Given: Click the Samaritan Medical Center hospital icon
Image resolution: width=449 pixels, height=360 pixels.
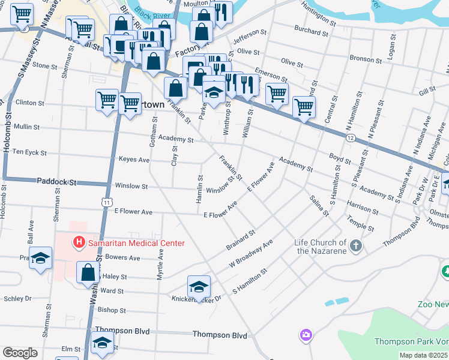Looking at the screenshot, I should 78,243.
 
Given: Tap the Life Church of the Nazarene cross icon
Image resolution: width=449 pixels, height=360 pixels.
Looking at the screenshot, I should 356,245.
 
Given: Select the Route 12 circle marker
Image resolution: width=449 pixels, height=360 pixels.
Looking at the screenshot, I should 351,138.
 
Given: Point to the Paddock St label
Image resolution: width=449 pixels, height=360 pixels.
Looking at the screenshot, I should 57,181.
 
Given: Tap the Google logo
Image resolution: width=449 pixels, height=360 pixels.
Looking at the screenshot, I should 20,353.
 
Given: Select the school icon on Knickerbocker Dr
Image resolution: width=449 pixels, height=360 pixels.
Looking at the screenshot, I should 199,286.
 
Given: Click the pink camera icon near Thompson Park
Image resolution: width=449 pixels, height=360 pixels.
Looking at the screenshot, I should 306,334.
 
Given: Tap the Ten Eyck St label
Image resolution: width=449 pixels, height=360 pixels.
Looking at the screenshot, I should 29,152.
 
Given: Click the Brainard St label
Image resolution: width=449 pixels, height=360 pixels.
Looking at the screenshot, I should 241,238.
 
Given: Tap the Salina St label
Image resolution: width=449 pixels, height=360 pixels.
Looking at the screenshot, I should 319,205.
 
